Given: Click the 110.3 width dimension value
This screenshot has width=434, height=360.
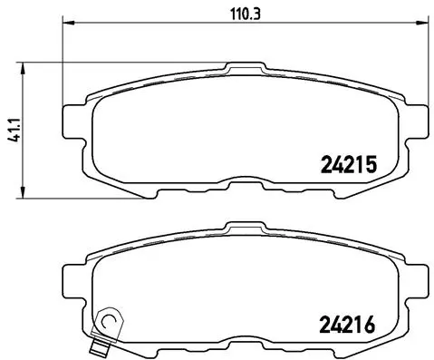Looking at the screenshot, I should (239, 14).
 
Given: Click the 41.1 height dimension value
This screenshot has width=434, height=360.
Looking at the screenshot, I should (10, 128).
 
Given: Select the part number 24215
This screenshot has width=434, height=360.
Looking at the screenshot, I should (348, 164).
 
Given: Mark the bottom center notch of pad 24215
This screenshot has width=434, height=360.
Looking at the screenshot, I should (240, 186).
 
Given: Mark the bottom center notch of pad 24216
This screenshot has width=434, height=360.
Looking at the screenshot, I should (240, 343).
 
